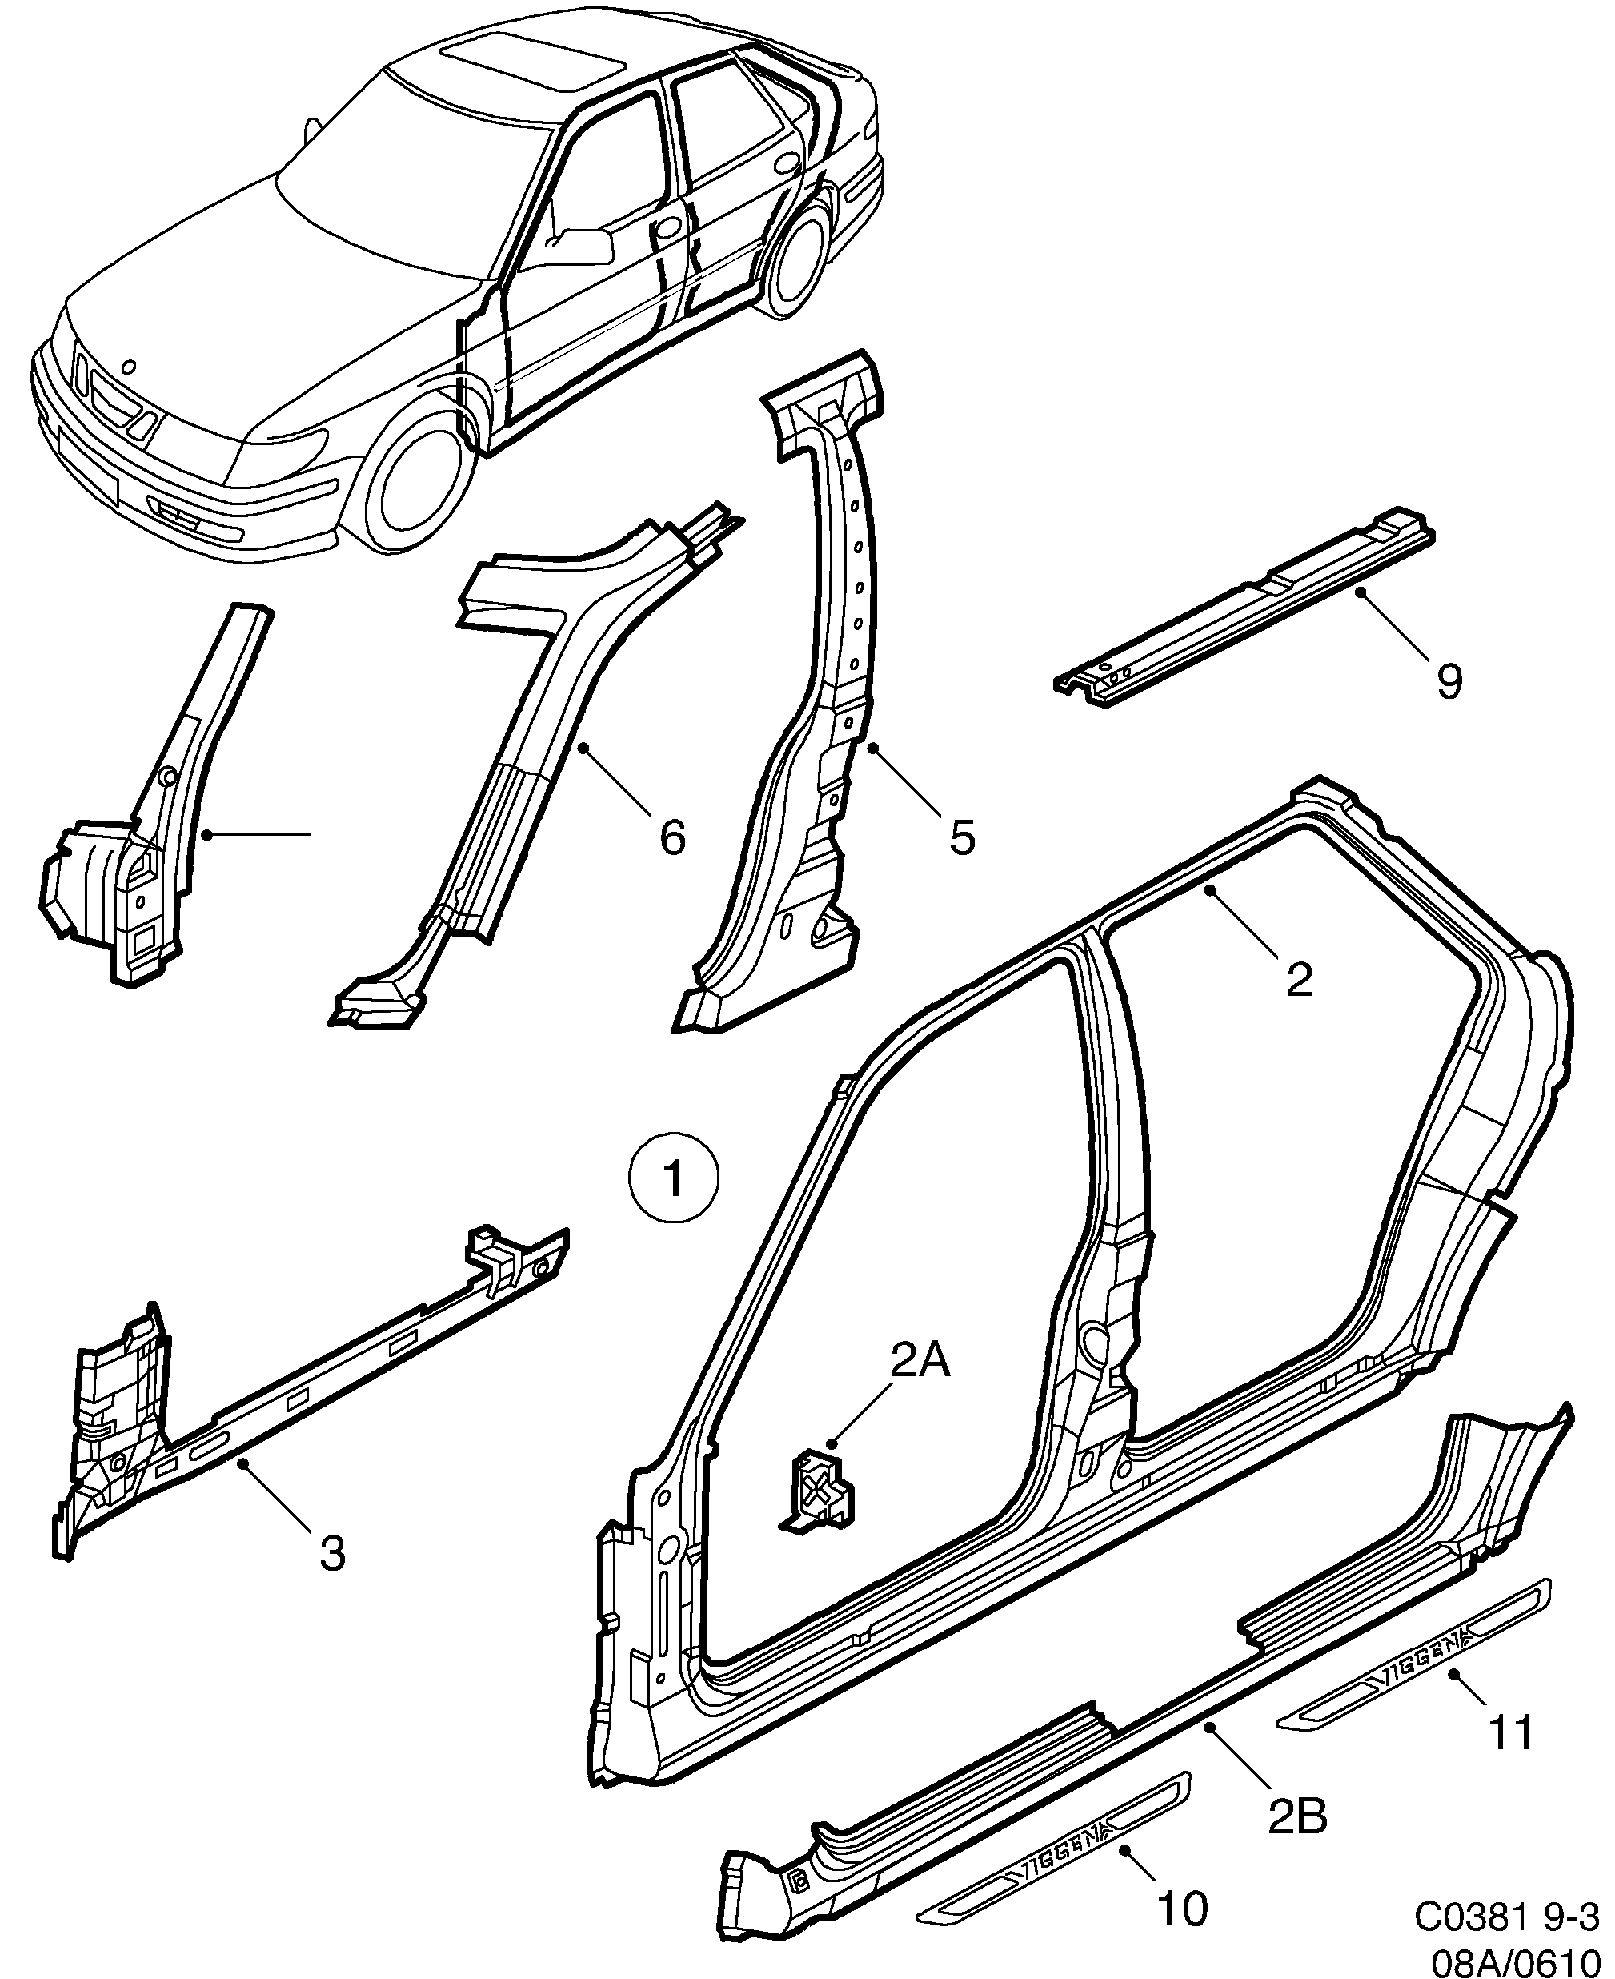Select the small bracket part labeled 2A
819,1490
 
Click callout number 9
1448,683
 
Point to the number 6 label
671,837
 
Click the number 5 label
962,837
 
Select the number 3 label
332,1553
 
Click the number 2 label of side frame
1298,980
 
